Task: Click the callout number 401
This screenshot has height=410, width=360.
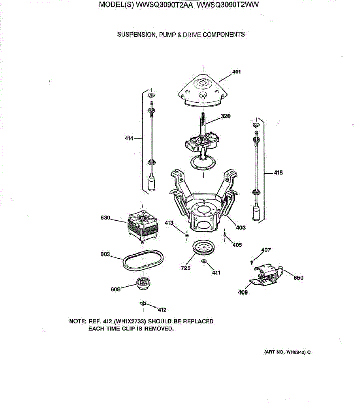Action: click(x=236, y=72)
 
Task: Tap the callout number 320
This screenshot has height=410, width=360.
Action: click(x=225, y=116)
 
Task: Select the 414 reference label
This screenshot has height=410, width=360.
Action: click(x=129, y=138)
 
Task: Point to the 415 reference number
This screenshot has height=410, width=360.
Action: click(x=278, y=173)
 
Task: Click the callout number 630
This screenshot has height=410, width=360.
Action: click(x=105, y=218)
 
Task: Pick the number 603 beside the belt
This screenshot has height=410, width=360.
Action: click(x=105, y=254)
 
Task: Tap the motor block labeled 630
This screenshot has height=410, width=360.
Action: click(x=142, y=225)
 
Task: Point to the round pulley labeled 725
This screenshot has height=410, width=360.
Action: click(x=204, y=248)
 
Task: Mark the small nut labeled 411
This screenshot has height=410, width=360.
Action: click(x=204, y=262)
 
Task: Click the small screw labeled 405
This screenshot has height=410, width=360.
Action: click(x=225, y=235)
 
